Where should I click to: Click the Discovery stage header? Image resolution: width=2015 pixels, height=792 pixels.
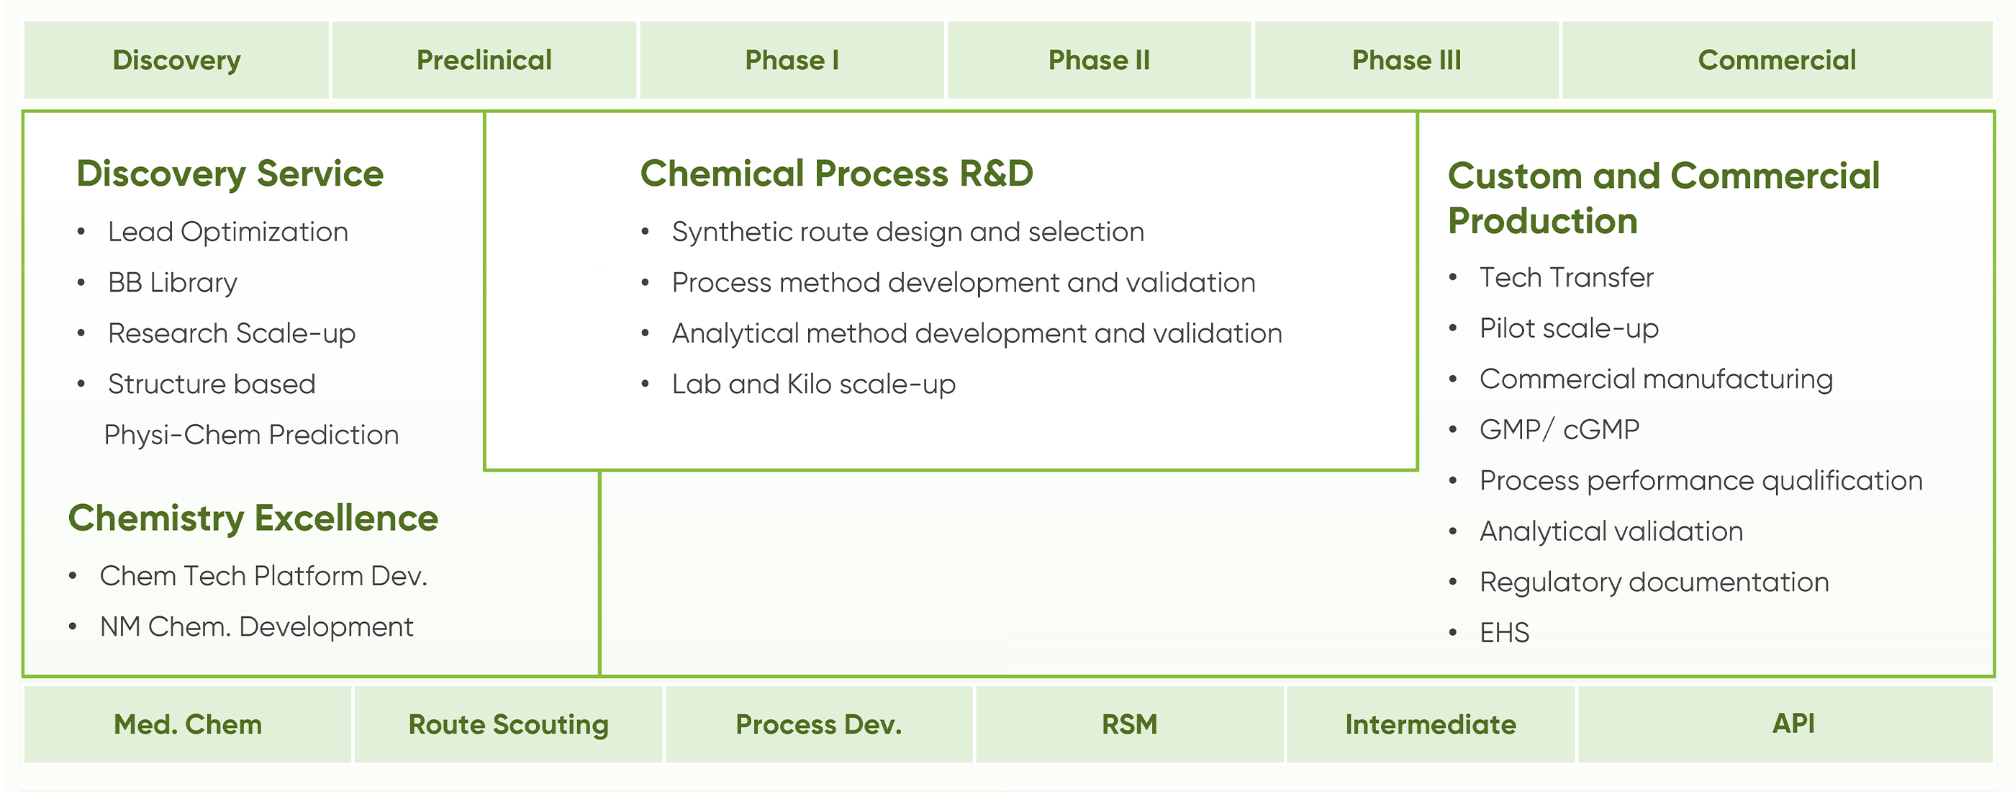click(177, 60)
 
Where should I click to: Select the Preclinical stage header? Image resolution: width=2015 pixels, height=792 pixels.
click(484, 60)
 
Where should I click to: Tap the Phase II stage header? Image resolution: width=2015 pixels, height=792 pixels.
click(1099, 60)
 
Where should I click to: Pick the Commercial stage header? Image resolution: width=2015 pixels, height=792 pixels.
click(1778, 60)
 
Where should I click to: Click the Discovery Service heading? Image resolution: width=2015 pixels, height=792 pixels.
click(230, 174)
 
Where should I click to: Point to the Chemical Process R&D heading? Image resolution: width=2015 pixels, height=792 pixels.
click(837, 173)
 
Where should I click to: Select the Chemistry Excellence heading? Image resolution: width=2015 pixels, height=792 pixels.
click(253, 518)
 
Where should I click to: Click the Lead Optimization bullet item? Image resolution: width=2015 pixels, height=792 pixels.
click(227, 232)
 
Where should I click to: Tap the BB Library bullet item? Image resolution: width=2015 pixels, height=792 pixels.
click(173, 282)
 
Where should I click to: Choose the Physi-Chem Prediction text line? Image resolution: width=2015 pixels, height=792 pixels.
click(251, 434)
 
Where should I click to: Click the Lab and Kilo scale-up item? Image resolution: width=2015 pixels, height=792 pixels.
click(813, 384)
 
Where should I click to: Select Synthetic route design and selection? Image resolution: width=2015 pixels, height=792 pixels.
click(908, 232)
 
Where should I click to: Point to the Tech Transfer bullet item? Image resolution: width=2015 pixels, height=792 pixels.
click(1567, 278)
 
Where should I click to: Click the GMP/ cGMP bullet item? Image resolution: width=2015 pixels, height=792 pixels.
click(1559, 430)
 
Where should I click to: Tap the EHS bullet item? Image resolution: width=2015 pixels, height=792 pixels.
click(1504, 632)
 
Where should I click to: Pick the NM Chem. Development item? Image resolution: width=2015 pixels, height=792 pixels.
click(257, 627)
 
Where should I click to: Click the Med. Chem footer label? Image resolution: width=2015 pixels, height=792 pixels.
click(188, 725)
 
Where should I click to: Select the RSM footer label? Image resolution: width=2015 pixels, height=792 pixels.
click(1130, 725)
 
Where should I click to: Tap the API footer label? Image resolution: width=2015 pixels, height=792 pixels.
click(1793, 723)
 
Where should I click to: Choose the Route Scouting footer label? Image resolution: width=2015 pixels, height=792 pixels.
click(509, 725)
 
